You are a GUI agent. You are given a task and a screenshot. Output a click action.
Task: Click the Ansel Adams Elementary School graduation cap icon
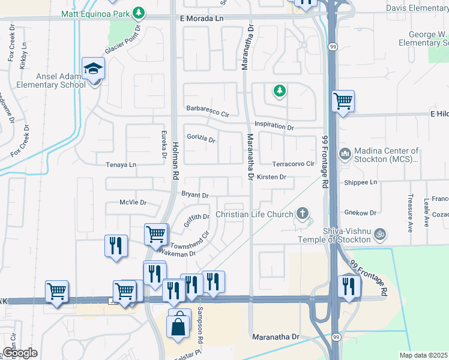click(x=94, y=69)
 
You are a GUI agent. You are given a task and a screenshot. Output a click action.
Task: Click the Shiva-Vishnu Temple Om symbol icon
click(x=379, y=232)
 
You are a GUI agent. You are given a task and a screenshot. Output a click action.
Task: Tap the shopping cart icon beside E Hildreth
click(x=343, y=101)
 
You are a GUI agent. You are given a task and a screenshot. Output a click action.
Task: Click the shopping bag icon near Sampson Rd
click(x=178, y=327)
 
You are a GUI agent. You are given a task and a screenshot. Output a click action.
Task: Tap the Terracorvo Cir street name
click(x=294, y=164)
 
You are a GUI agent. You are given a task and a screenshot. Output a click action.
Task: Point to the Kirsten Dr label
click(x=271, y=177)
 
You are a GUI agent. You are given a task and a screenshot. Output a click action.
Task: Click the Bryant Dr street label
click(x=195, y=195)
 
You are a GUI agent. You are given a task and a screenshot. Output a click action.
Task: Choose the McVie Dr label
click(x=133, y=203)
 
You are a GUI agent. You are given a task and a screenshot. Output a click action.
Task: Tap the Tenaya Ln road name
click(x=121, y=164)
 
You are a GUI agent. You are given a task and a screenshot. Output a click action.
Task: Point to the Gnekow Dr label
click(x=360, y=212)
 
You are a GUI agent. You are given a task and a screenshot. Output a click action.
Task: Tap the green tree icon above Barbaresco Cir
click(x=279, y=91)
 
